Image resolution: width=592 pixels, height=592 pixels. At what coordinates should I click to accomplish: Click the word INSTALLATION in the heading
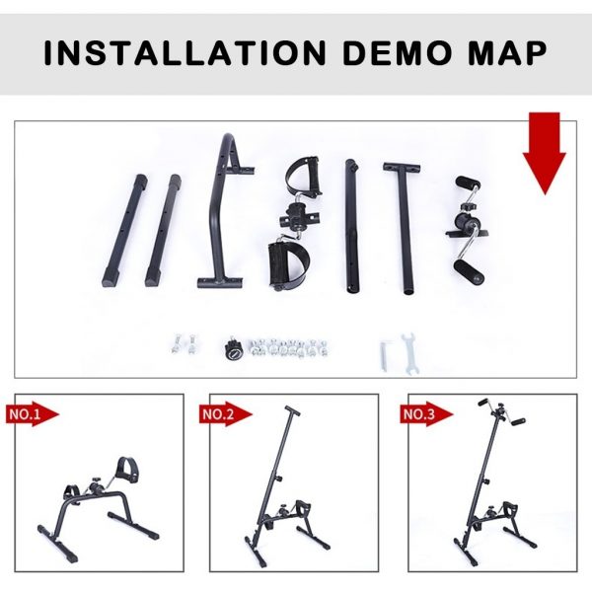185,53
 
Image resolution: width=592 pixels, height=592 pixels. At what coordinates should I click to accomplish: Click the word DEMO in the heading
398,53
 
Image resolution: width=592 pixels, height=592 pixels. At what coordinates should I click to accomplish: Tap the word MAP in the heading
508,53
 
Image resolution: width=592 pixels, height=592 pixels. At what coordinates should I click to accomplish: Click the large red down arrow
544,153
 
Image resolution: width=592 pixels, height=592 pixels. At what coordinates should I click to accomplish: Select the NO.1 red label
33,414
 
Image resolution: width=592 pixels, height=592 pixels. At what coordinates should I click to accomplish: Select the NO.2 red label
225,414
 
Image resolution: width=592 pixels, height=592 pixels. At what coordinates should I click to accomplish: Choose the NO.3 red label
426,414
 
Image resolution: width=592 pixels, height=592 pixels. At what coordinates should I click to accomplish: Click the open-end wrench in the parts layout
409,354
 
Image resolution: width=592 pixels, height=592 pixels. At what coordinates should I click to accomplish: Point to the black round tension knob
234,348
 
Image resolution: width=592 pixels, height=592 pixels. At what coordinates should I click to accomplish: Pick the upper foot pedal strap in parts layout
303,176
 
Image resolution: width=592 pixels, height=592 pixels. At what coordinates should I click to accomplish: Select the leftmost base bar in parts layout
125,231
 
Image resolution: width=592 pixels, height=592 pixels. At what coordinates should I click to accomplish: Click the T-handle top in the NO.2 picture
292,410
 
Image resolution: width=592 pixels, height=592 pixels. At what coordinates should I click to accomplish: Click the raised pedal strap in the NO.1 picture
127,471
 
